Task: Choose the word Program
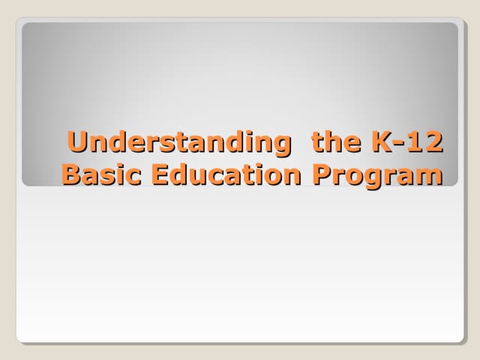pos(376,176)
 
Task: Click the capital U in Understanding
pos(76,142)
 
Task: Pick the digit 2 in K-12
pos(432,142)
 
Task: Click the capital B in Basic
pos(72,175)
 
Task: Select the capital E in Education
pos(160,175)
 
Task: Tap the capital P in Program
pos(321,175)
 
